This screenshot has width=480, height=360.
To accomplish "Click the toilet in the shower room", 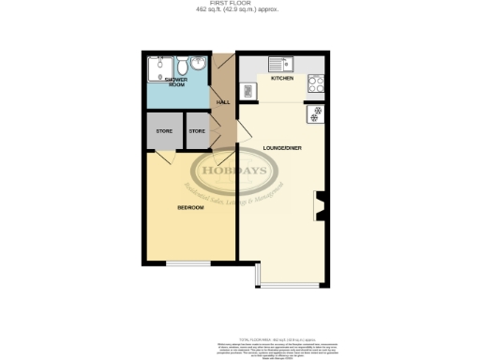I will tap(178, 67).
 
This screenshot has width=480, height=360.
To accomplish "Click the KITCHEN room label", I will tap(282, 80).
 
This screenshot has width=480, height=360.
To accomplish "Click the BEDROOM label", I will tap(190, 207).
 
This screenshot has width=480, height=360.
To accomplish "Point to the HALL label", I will tap(223, 102).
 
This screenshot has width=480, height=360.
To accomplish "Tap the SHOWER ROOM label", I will tap(177, 83).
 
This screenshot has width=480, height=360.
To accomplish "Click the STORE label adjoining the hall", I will tap(197, 131).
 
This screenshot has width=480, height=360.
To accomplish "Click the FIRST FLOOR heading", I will tap(241, 4).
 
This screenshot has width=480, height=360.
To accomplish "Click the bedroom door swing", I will tap(162, 157).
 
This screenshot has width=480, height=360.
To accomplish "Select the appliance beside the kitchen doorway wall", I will tap(249, 91).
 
